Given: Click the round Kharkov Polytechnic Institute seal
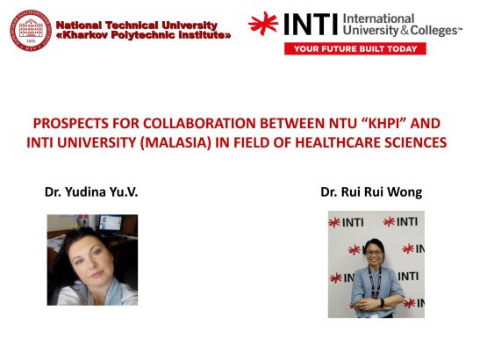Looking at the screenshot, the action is [x=31, y=30].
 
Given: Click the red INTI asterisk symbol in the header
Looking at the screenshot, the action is [x=263, y=24].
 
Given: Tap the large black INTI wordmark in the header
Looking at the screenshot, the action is [x=311, y=25].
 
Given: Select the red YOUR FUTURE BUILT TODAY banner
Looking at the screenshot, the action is [x=355, y=49].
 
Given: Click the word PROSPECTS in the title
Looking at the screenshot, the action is [x=71, y=124].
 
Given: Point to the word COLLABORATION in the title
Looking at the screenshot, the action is [x=199, y=124].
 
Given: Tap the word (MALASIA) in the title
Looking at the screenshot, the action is [x=176, y=143].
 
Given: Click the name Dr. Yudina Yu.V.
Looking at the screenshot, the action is [x=91, y=192].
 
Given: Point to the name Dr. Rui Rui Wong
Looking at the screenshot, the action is [x=371, y=192].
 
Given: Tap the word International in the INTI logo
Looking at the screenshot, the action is [x=379, y=19].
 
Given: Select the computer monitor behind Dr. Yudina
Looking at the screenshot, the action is [x=111, y=224].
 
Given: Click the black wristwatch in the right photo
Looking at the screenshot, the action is [x=382, y=303].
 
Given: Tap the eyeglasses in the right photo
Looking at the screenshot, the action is [x=374, y=253].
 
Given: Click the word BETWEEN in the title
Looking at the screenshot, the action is [x=293, y=124].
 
